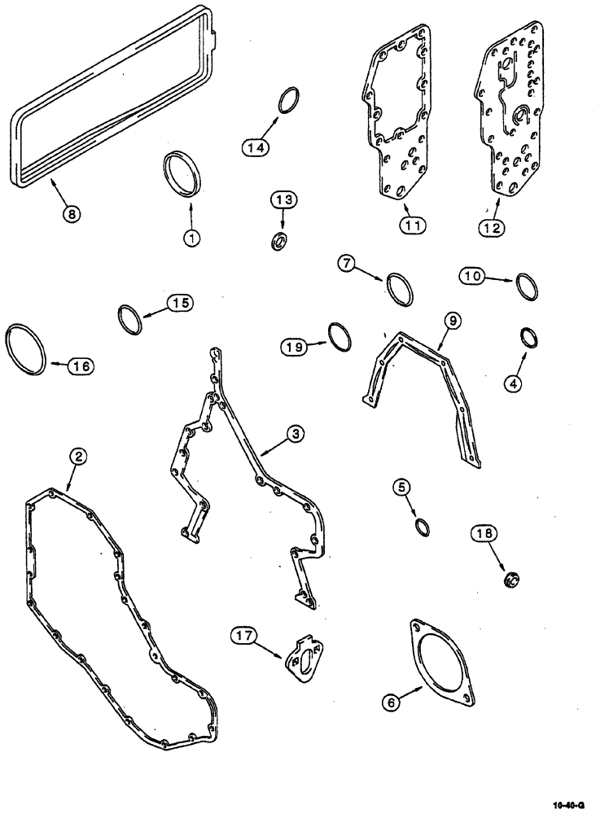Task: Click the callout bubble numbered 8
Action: point(72,216)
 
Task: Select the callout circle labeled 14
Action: point(255,147)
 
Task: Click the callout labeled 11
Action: point(413,226)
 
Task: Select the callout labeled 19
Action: point(297,347)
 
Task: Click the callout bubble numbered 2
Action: point(77,457)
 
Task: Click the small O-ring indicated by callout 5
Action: point(422,527)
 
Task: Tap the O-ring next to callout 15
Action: point(130,318)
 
